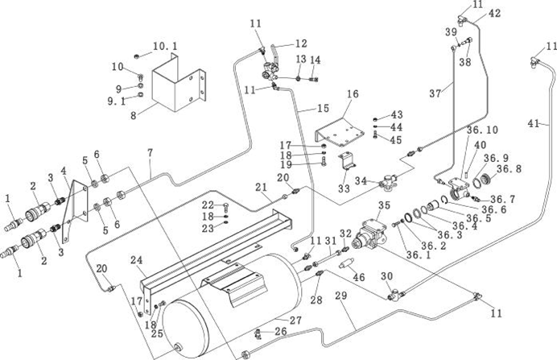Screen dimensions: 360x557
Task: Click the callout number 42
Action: point(493,14)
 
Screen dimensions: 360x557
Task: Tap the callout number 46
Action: point(359,276)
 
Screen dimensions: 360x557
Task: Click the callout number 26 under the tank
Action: point(280,330)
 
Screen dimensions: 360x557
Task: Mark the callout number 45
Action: point(396,140)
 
